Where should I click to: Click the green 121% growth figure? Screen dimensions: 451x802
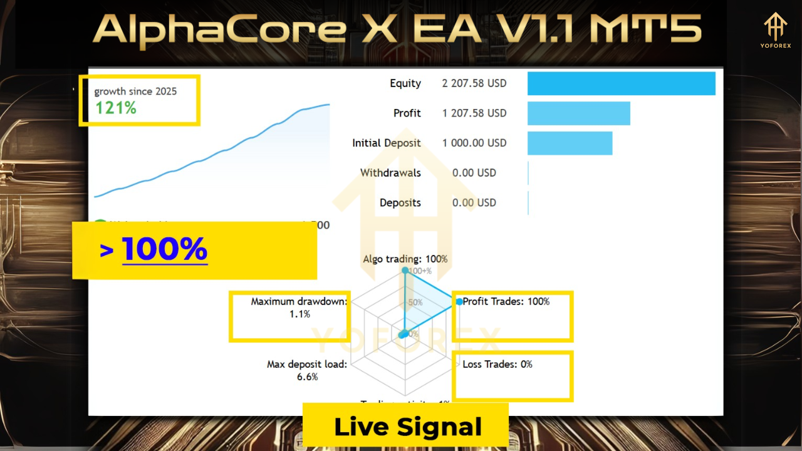pos(115,108)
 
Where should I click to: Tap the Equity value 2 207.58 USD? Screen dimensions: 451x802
pos(474,83)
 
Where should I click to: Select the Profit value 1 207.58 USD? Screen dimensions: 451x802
pos(474,113)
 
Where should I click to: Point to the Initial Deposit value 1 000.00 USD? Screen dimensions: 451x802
pos(474,143)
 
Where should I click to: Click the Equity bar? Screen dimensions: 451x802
pos(621,83)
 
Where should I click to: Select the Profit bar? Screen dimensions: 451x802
pos(578,113)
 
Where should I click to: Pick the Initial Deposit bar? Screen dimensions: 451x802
pos(570,143)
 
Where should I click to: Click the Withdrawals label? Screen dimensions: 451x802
pos(390,173)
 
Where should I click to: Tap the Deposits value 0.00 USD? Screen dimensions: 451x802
pos(474,202)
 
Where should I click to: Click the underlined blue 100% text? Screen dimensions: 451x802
pos(164,249)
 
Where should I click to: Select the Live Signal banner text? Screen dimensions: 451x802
pos(408,427)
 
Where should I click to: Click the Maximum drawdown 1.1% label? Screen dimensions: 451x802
pos(299,308)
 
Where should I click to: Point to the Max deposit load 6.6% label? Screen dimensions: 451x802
pos(307,370)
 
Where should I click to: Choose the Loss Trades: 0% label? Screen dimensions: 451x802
pos(497,364)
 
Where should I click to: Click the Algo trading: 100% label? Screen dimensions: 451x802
pos(405,259)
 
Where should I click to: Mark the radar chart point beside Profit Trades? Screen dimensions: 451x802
pos(459,302)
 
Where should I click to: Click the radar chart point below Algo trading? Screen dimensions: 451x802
pos(405,271)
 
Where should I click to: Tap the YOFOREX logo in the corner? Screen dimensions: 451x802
pos(776,31)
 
